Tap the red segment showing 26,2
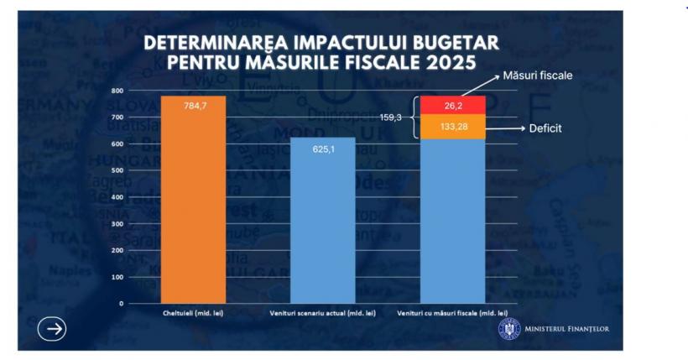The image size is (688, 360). click(453, 106)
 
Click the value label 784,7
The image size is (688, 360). click(193, 106)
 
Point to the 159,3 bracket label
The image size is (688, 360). click(392, 117)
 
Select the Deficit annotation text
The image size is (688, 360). click(545, 129)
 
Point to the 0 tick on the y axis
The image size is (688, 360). click(121, 303)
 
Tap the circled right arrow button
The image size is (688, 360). click(54, 329)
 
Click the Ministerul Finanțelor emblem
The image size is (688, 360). click(508, 328)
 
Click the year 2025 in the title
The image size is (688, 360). click(444, 62)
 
